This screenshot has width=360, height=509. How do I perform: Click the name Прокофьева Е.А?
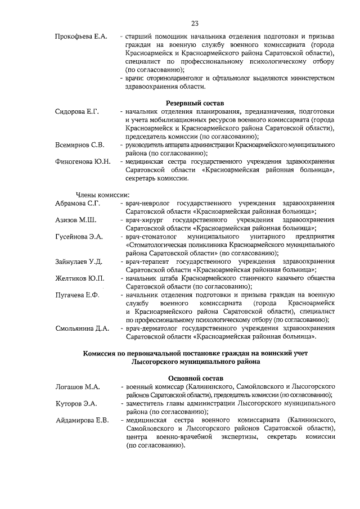(x=81, y=37)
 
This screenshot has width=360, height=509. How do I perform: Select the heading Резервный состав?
(x=195, y=103)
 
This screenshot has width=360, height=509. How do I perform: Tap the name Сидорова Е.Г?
(x=77, y=112)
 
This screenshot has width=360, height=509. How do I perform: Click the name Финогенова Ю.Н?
(x=82, y=162)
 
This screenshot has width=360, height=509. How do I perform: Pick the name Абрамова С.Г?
(x=78, y=203)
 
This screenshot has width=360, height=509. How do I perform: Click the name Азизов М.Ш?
(x=75, y=220)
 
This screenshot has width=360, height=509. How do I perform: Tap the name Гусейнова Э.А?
(x=79, y=237)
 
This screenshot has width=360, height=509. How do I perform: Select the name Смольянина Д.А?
(x=82, y=328)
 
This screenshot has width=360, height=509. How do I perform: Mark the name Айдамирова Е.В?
(x=82, y=421)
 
